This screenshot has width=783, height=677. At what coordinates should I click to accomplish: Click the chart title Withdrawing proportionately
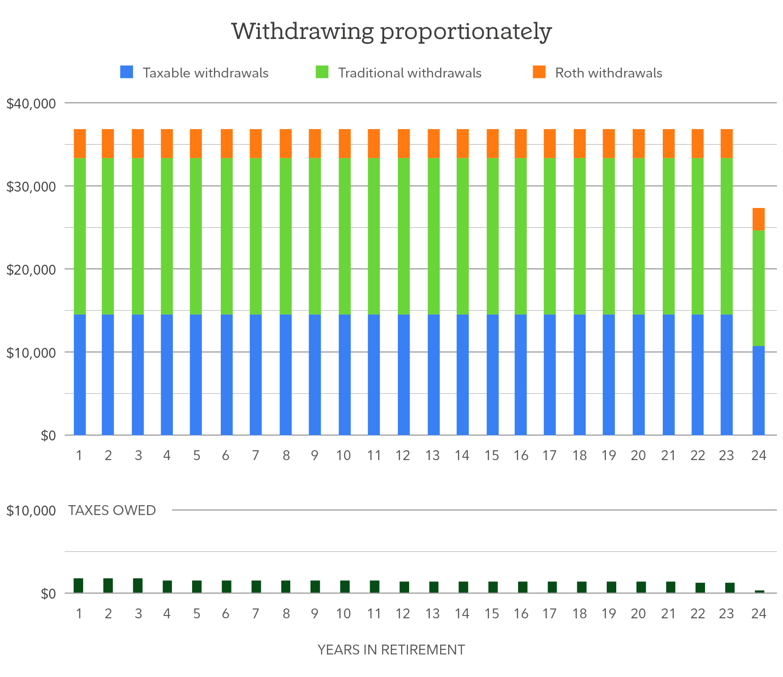coord(391,32)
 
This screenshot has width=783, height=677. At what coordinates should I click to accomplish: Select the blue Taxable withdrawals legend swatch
coord(127,72)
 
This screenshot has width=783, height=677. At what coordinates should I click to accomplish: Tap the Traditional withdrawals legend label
coord(410,73)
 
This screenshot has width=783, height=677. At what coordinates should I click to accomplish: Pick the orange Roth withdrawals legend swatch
coord(539,72)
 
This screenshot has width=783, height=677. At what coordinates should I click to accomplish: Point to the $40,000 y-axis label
coord(31,104)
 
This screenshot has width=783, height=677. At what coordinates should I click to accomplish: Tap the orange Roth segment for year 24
coord(758,219)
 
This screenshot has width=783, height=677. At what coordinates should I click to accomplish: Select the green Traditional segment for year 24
coord(758,288)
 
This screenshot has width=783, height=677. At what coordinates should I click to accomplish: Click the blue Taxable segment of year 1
coord(80,375)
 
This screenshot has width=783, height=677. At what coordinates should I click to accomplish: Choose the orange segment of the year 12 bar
coord(403,143)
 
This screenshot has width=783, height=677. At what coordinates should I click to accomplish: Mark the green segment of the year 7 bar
coord(256,236)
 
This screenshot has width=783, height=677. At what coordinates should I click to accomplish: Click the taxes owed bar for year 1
coord(78,585)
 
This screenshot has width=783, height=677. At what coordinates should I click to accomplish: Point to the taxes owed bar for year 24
coord(759,592)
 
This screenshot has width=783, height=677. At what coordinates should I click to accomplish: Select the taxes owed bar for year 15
coord(493,587)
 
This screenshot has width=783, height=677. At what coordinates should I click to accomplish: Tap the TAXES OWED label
coord(112,510)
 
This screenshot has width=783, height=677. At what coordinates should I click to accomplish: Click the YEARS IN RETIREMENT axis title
coord(391,650)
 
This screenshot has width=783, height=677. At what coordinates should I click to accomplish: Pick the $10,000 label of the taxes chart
coord(31,511)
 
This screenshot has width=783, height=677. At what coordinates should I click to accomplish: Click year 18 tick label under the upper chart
coord(580,455)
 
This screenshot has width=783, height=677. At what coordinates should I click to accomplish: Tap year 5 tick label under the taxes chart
coord(196,614)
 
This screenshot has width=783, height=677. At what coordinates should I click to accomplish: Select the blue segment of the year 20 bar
coord(638,375)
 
